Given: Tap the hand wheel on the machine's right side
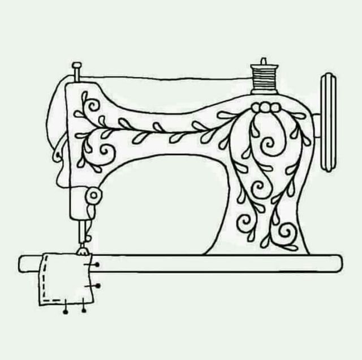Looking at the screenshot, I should (327, 122).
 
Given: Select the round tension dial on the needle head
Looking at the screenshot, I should (94, 196).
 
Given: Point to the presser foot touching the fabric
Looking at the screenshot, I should (83, 248).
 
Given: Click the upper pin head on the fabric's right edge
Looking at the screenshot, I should (98, 264).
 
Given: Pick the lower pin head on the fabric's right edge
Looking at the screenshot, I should (98, 286).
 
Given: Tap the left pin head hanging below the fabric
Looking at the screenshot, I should (66, 311).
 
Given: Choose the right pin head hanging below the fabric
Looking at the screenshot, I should (84, 310).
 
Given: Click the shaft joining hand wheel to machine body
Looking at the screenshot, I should (316, 122).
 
